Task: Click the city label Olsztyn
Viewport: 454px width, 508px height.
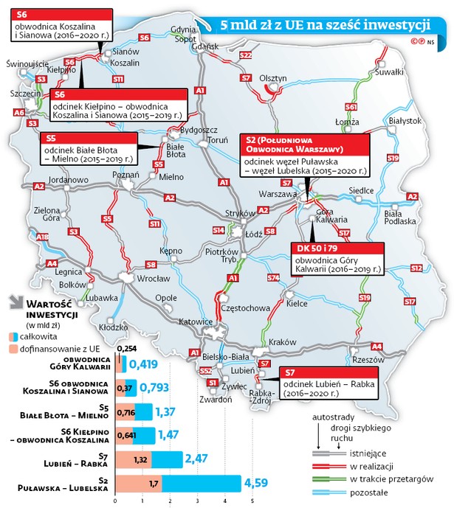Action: click(273, 77)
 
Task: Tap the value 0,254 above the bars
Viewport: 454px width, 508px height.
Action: click(127, 349)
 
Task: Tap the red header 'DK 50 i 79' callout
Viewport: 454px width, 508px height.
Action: click(317, 248)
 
